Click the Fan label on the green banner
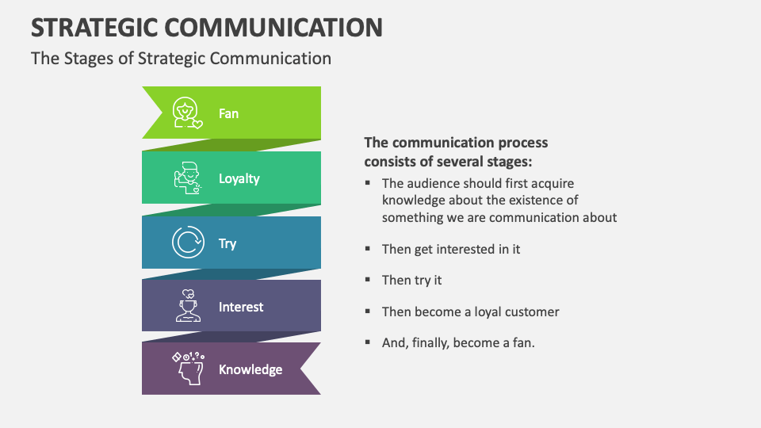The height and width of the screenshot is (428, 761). [x=228, y=113]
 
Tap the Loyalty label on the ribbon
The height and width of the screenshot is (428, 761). [x=239, y=178]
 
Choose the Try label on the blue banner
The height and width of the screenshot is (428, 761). [x=228, y=243]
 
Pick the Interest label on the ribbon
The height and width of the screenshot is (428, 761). [x=241, y=307]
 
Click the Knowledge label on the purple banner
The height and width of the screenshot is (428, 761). [x=250, y=369]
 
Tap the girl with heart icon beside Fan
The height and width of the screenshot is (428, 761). [x=187, y=113]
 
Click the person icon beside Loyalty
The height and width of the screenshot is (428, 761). [x=187, y=178]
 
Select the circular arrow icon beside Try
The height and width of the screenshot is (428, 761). [x=188, y=243]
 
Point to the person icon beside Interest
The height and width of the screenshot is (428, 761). [x=188, y=306]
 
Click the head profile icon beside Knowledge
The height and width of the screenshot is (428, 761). [x=189, y=369]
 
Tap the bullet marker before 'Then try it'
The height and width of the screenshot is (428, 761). [x=368, y=280]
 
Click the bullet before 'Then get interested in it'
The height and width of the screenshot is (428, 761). [x=368, y=248]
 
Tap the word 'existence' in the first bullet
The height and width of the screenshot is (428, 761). [x=550, y=200]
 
